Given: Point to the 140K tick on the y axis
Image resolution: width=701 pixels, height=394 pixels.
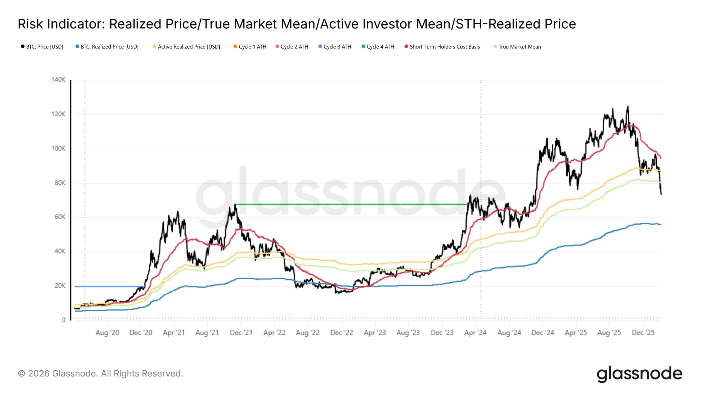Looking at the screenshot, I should tap(58, 80).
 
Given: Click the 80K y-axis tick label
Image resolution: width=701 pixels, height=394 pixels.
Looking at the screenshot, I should tap(60, 183).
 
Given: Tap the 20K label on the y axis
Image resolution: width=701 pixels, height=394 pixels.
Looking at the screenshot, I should tap(60, 286).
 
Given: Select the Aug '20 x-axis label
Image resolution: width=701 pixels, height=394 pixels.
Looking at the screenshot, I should tap(107, 333).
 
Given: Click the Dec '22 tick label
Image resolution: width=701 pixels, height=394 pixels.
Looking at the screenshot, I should tap(341, 333).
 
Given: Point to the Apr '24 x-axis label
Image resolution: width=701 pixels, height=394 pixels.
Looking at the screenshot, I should tap(475, 333).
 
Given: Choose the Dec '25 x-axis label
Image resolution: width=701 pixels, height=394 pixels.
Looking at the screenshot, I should tap(643, 333).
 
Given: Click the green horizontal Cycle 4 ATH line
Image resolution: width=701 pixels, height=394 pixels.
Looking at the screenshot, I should tap(350, 204).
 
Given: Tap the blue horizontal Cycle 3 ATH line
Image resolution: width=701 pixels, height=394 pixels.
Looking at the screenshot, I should tap(110, 286).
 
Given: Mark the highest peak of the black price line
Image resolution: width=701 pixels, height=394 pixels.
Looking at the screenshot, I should tap(628, 106).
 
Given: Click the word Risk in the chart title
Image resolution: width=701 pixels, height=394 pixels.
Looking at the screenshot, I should tap(30, 24).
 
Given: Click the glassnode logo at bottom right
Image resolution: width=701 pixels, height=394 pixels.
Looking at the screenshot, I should tap(639, 374).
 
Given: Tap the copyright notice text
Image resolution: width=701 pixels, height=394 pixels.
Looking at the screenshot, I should tap(100, 373).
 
